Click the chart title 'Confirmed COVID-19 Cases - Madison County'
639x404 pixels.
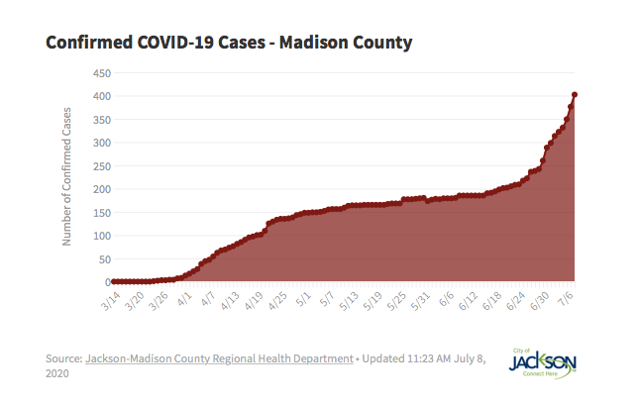coord(229,44)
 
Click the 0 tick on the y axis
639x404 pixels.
coord(105,282)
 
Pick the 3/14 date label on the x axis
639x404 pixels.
coord(111,301)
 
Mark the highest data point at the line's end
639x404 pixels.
coord(576,95)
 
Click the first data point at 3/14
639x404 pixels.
coord(113,282)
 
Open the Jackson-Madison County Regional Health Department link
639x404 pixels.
coord(219,358)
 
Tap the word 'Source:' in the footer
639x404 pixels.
coord(64,358)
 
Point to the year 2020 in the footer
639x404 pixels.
coord(58,375)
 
